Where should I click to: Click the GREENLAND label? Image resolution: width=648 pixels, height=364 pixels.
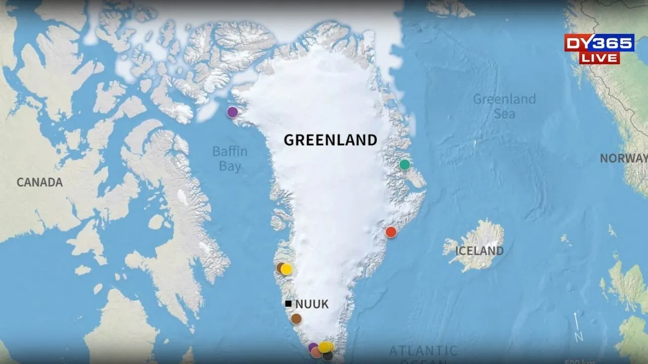tap(330, 140)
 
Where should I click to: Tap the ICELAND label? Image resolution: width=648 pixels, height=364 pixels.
tap(479, 251)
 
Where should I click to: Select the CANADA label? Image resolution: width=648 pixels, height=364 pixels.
tap(39, 183)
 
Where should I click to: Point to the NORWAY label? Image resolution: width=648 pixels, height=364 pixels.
tap(623, 158)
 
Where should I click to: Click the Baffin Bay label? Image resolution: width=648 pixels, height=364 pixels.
tap(230, 158)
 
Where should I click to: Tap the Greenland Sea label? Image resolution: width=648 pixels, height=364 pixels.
tap(504, 106)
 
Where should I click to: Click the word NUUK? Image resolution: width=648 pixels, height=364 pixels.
tap(312, 304)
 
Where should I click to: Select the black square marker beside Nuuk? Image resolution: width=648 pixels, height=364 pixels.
tap(288, 304)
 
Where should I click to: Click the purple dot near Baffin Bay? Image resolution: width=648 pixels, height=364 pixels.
tap(232, 112)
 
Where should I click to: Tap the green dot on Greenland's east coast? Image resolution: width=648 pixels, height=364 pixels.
tap(404, 164)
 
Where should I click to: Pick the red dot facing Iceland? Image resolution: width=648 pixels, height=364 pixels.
tap(391, 232)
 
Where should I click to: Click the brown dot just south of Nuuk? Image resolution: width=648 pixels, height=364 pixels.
tap(296, 319)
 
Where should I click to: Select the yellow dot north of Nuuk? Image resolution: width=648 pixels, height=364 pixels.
tap(287, 269)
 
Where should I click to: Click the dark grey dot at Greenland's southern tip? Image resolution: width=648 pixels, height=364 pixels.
tap(328, 356)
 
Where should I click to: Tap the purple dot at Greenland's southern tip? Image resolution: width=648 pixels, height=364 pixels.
tap(313, 347)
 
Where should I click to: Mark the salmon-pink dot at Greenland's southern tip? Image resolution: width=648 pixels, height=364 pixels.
tap(316, 352)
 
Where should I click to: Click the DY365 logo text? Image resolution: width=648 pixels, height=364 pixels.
tap(599, 43)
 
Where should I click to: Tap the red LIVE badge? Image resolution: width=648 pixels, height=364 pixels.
tap(599, 58)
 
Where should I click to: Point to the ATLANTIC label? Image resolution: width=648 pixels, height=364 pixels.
tap(423, 350)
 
